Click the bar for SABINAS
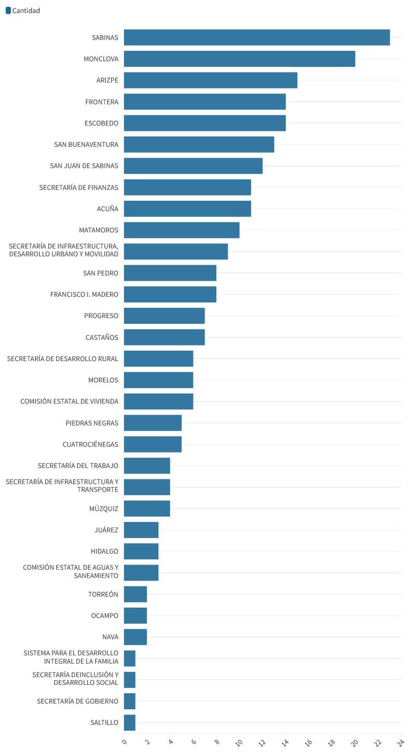point(257,37)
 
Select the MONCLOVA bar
point(240,59)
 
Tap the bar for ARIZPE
point(211,80)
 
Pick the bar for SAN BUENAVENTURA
point(199,144)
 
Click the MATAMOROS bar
point(182,230)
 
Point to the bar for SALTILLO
point(130,723)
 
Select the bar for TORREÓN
point(135,594)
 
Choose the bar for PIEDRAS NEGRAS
point(153,423)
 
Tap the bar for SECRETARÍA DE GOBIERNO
point(130,702)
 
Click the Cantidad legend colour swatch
point(8,10)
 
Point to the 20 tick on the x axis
point(354,743)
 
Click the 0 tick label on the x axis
point(124,741)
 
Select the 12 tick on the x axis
point(262,743)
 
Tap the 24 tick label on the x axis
point(401,743)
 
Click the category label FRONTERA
point(102,102)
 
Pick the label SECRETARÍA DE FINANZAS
point(79,187)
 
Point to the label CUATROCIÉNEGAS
point(90,444)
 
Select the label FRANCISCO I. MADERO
point(84,294)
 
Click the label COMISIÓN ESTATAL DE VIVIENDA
point(69,401)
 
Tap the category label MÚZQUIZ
point(104,508)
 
